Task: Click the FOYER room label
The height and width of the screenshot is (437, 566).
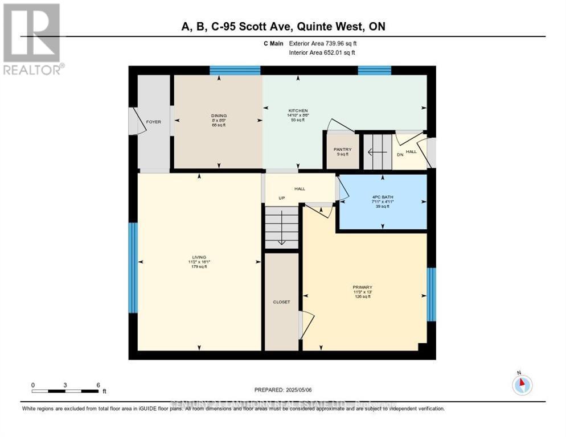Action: (153, 122)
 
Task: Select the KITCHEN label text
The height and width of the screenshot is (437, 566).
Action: (297, 110)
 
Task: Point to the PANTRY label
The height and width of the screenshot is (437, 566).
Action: (342, 150)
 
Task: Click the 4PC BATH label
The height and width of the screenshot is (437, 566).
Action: (382, 197)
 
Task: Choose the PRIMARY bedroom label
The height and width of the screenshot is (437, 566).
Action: (362, 287)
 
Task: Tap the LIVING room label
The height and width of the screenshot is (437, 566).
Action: (199, 257)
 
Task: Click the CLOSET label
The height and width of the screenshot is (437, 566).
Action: (281, 302)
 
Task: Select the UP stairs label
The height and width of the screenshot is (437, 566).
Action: (281, 198)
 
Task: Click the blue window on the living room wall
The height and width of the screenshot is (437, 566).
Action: (133, 267)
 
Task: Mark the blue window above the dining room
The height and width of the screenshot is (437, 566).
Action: (235, 71)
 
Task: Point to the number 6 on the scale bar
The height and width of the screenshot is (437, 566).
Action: (98, 385)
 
